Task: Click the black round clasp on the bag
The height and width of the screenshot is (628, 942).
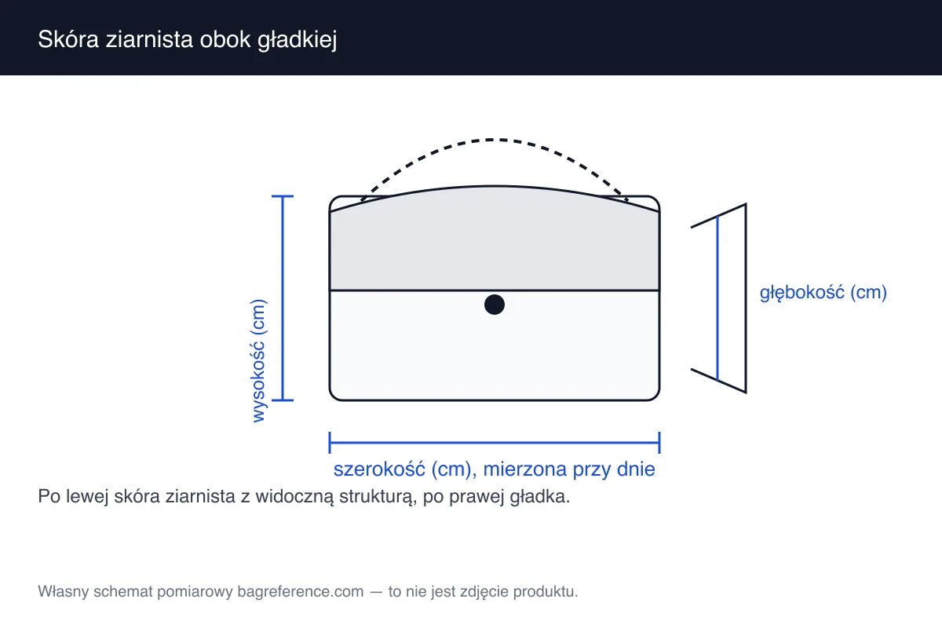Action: pyautogui.click(x=494, y=305)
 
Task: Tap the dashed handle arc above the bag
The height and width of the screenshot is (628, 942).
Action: pyautogui.click(x=494, y=140)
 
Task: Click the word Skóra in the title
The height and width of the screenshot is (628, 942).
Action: pyautogui.click(x=68, y=39)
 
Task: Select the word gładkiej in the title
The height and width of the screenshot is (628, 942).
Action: pyautogui.click(x=297, y=40)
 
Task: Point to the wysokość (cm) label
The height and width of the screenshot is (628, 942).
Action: pyautogui.click(x=258, y=360)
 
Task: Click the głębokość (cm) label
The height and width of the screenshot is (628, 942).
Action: pyautogui.click(x=823, y=292)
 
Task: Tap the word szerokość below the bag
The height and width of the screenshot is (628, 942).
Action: pyautogui.click(x=379, y=469)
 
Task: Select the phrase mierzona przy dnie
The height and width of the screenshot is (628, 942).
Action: pyautogui.click(x=569, y=469)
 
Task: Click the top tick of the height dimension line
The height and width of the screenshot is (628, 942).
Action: pyautogui.click(x=282, y=196)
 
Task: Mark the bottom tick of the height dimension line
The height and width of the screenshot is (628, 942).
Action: pyautogui.click(x=282, y=400)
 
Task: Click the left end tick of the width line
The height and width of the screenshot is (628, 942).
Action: pyautogui.click(x=330, y=443)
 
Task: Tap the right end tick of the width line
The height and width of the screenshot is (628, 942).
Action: pyautogui.click(x=659, y=443)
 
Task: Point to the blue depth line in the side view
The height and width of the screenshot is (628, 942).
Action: pyautogui.click(x=717, y=298)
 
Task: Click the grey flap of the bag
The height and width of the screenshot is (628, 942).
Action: pyautogui.click(x=494, y=244)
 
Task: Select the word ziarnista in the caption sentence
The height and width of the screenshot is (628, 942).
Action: pyautogui.click(x=200, y=496)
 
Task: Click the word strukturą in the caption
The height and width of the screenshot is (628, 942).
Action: pyautogui.click(x=378, y=497)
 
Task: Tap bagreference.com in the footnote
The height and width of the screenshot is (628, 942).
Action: pyautogui.click(x=300, y=592)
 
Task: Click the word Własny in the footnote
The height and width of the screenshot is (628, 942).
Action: pyautogui.click(x=64, y=592)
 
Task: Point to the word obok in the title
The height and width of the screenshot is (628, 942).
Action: pyautogui.click(x=225, y=39)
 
